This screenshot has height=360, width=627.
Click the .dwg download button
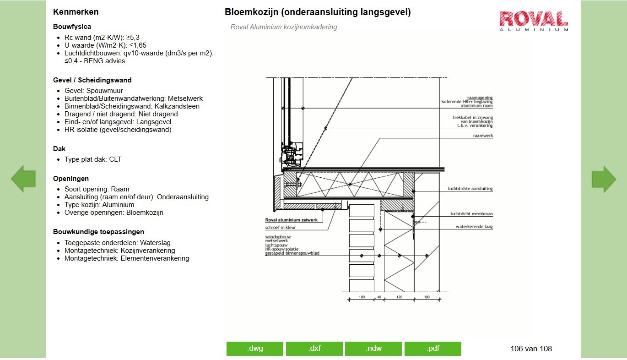pyautogui.click(x=255, y=349)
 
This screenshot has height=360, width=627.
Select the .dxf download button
pyautogui.click(x=314, y=349)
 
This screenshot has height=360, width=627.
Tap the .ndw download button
pyautogui.click(x=373, y=349)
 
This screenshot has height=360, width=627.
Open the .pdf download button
pyautogui.click(x=433, y=349)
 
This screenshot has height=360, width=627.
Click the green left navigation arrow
pyautogui.click(x=23, y=179)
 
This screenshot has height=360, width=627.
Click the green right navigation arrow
pyautogui.click(x=604, y=179)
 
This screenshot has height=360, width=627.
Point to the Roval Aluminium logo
pyautogui.click(x=534, y=21)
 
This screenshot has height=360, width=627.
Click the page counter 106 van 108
pyautogui.click(x=531, y=349)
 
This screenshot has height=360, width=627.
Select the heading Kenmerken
pyautogui.click(x=76, y=12)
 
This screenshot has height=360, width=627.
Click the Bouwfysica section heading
pyautogui.click(x=72, y=27)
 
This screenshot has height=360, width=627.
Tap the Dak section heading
pyautogui.click(x=59, y=149)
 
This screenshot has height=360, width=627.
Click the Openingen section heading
pyautogui.click(x=71, y=179)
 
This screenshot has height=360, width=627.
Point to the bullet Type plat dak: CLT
pyautogui.click(x=93, y=159)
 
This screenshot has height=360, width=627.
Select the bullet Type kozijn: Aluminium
pyautogui.click(x=99, y=205)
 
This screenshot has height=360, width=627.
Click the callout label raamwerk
pyautogui.click(x=483, y=136)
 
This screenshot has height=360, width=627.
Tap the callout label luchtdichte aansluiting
pyautogui.click(x=470, y=189)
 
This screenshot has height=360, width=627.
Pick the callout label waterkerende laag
pyautogui.click(x=474, y=227)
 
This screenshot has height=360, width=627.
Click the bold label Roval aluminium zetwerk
pyautogui.click(x=292, y=220)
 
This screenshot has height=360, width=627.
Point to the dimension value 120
pyautogui.click(x=399, y=297)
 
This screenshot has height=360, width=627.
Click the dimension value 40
pyautogui.click(x=378, y=297)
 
